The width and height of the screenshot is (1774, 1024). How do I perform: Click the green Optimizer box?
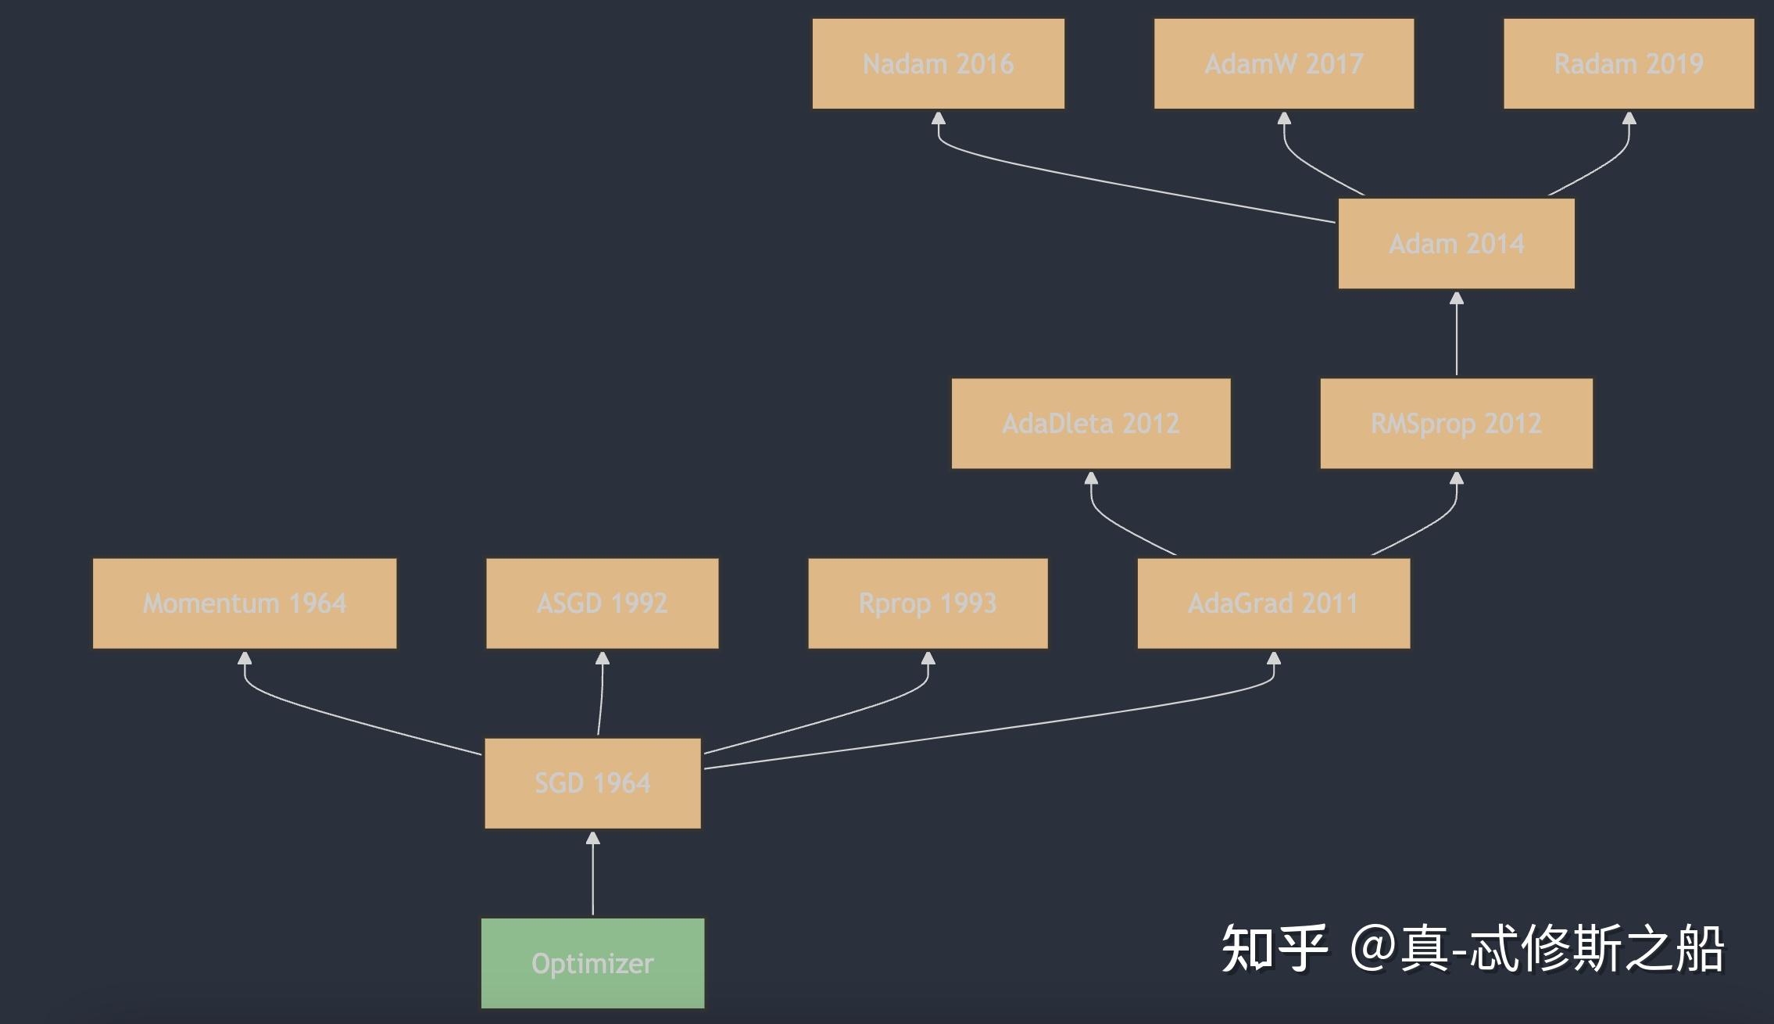(592, 963)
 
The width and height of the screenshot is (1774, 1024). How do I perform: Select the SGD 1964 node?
(592, 783)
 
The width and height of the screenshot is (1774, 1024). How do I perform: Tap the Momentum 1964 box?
(245, 603)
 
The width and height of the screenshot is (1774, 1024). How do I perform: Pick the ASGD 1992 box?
(602, 603)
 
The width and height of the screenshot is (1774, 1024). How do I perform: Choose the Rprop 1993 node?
(928, 603)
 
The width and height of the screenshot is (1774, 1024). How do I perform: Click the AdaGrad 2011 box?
(1274, 603)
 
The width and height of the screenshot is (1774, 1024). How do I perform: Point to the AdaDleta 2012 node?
(1091, 424)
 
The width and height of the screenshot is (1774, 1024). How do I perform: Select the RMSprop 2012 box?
(1456, 424)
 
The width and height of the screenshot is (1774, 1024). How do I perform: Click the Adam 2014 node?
(1456, 244)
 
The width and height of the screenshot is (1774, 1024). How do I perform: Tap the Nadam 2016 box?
(938, 64)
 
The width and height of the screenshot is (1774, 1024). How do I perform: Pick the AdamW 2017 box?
(1284, 64)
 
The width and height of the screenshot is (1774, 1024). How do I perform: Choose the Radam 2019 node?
(1629, 64)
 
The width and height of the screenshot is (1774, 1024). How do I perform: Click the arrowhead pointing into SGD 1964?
(592, 839)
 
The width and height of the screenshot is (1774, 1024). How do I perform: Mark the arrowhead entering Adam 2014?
(1456, 299)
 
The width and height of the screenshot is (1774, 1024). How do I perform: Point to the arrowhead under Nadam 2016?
(939, 119)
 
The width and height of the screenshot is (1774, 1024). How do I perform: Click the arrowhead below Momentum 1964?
(245, 659)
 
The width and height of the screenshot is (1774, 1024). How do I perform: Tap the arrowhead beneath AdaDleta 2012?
(1091, 478)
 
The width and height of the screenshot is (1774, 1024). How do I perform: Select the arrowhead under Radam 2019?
(1629, 119)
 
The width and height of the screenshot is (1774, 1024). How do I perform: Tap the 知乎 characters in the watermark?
(1275, 948)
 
